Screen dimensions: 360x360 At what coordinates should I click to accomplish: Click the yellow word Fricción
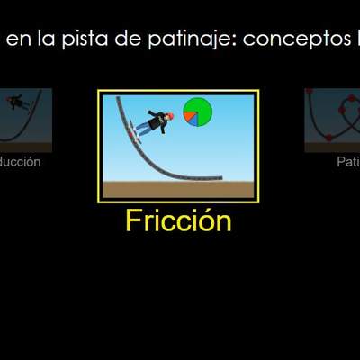click(x=178, y=221)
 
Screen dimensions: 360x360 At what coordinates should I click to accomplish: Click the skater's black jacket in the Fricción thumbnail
click(x=158, y=121)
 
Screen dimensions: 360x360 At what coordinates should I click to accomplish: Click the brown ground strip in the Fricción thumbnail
click(x=178, y=190)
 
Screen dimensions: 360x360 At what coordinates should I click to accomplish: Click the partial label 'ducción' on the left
click(x=20, y=162)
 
